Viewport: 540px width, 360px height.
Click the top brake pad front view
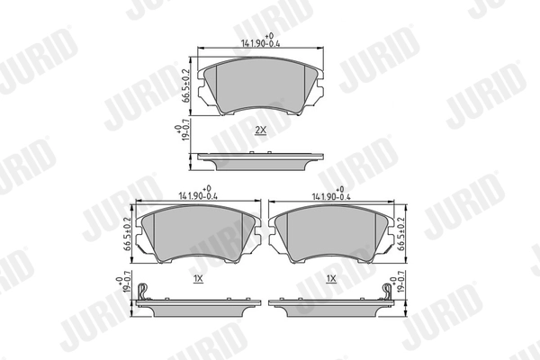pyautogui.click(x=261, y=88)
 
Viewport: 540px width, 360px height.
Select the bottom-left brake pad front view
pyautogui.click(x=199, y=236)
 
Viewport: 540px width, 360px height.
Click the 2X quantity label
pyautogui.click(x=261, y=131)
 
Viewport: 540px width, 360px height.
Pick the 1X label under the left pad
pyautogui.click(x=198, y=280)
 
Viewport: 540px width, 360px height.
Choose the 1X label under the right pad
pyautogui.click(x=332, y=280)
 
